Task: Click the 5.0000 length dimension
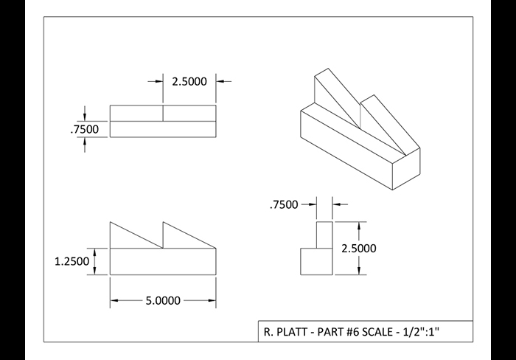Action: pos(163,300)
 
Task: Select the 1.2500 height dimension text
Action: pos(72,261)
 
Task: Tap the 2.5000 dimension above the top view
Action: pos(189,81)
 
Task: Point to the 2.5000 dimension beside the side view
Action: pos(359,248)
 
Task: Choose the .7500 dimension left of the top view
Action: pos(84,129)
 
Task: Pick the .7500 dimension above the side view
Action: pos(284,204)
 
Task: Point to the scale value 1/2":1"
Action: pos(422,331)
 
